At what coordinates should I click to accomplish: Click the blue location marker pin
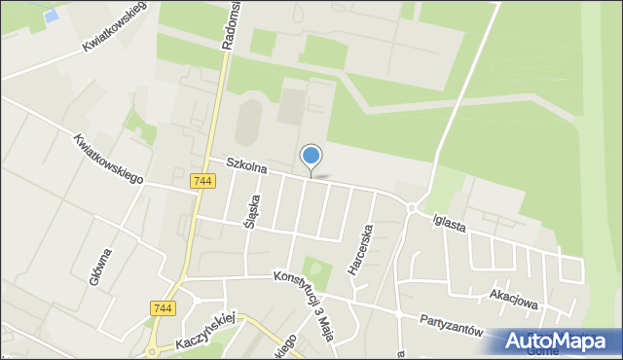(311, 157)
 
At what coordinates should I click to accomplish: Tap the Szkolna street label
(246, 166)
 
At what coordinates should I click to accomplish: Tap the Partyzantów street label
(452, 323)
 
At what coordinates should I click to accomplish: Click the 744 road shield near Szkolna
(203, 181)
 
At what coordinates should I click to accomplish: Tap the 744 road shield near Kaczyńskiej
(163, 308)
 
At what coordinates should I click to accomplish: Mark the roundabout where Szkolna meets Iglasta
(413, 207)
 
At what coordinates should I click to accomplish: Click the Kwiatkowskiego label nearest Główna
(108, 160)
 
